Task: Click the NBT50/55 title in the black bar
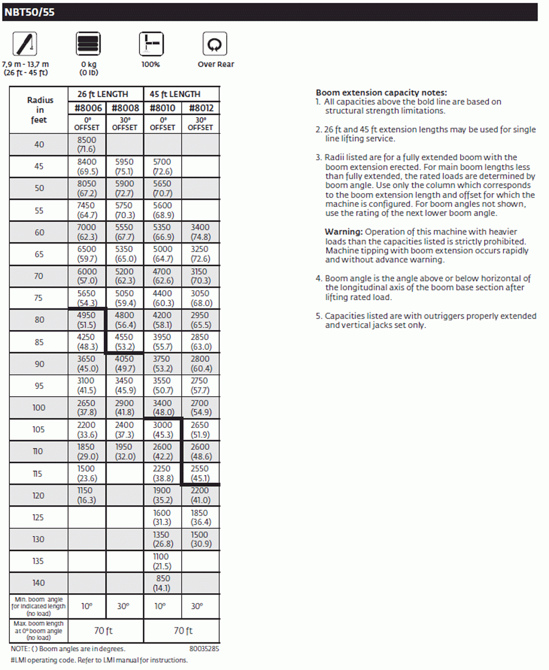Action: tap(30, 12)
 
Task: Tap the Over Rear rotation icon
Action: tap(215, 44)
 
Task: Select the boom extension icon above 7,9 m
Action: tap(25, 44)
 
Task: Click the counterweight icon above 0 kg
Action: tap(88, 44)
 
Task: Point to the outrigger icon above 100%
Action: tap(150, 44)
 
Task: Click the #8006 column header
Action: tap(87, 108)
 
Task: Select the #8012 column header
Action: tap(200, 108)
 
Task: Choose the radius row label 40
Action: tap(39, 145)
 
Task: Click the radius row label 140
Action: tap(39, 583)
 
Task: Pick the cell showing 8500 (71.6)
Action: tap(87, 145)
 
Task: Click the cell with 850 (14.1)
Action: tap(163, 583)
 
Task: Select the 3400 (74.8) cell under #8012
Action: tap(200, 232)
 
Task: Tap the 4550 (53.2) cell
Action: tap(125, 342)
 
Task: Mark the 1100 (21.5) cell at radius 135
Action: tap(163, 561)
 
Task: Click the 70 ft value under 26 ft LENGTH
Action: tap(106, 630)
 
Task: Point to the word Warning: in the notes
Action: tap(344, 232)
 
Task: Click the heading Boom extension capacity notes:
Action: tap(381, 93)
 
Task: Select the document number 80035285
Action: tap(204, 649)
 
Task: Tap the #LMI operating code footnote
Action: tap(99, 660)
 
